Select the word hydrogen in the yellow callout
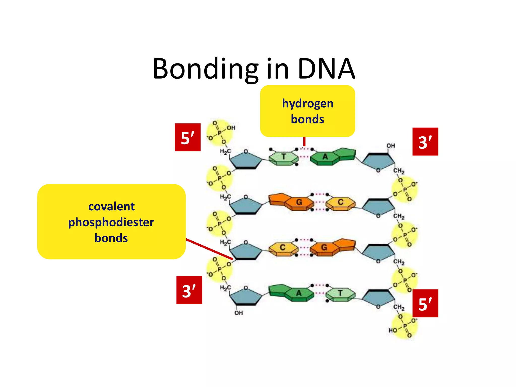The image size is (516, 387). click(308, 104)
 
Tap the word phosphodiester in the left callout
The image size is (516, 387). click(111, 222)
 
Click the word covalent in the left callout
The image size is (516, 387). click(111, 207)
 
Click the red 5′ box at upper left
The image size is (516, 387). click(187, 137)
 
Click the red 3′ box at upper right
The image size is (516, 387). click(425, 142)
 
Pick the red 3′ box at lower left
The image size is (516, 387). click(189, 290)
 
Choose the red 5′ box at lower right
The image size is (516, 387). click(425, 303)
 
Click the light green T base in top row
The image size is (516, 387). click(284, 157)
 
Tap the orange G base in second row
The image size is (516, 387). click(299, 202)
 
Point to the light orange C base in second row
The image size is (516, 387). click(340, 202)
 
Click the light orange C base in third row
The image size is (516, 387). click(283, 248)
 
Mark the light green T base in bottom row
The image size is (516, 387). click(340, 293)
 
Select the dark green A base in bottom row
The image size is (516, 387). click(299, 293)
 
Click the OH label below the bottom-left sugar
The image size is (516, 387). click(239, 313)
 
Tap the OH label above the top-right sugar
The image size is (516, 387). click(391, 146)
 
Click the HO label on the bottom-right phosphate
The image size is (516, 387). click(393, 330)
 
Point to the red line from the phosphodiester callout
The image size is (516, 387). click(209, 249)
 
